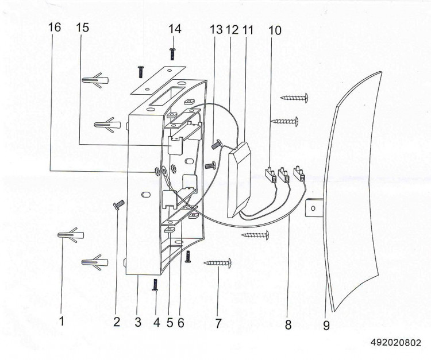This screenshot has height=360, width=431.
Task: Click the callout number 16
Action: coord(55,27)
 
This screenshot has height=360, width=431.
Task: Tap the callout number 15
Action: coord(82,27)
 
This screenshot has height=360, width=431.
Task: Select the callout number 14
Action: coord(175,29)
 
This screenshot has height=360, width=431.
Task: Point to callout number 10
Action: coord(275,30)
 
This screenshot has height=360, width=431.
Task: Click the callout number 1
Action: coord(62,321)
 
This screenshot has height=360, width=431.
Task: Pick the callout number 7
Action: coord(218,323)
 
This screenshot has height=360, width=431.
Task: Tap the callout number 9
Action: coord(326,326)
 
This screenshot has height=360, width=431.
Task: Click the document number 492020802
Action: coord(396,343)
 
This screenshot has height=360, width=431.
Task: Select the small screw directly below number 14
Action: coord(172,53)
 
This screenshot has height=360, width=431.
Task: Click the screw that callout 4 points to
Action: coord(156,285)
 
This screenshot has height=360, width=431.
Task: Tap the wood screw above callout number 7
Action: coord(217,263)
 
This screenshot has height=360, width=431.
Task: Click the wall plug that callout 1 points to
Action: coord(71,235)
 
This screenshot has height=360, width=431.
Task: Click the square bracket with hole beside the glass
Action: coord(313,208)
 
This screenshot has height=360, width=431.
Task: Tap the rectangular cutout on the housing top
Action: coord(167,96)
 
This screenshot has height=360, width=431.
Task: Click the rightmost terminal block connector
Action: coord(299,174)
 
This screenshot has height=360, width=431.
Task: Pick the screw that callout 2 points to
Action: coord(119,205)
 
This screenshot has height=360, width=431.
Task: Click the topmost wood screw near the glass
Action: coord(294,98)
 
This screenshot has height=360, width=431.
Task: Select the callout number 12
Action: coord(233,30)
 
